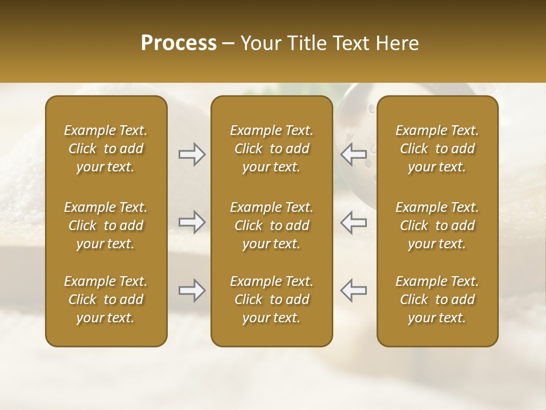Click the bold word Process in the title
pyautogui.click(x=179, y=43)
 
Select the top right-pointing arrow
pyautogui.click(x=192, y=154)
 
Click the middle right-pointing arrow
pyautogui.click(x=192, y=222)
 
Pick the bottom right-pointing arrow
pyautogui.click(x=192, y=290)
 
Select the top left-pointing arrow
pyautogui.click(x=354, y=154)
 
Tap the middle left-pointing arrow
pyautogui.click(x=354, y=222)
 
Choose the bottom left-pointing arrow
pyautogui.click(x=354, y=290)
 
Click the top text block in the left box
pyautogui.click(x=106, y=149)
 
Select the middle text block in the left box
pyautogui.click(x=106, y=225)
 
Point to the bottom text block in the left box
pyautogui.click(x=106, y=300)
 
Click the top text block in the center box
pyautogui.click(x=272, y=149)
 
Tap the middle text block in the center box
pyautogui.click(x=272, y=225)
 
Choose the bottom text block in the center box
pyautogui.click(x=272, y=300)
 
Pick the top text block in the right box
pyautogui.click(x=437, y=149)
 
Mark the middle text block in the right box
pyautogui.click(x=437, y=225)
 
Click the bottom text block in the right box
pyautogui.click(x=437, y=300)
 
